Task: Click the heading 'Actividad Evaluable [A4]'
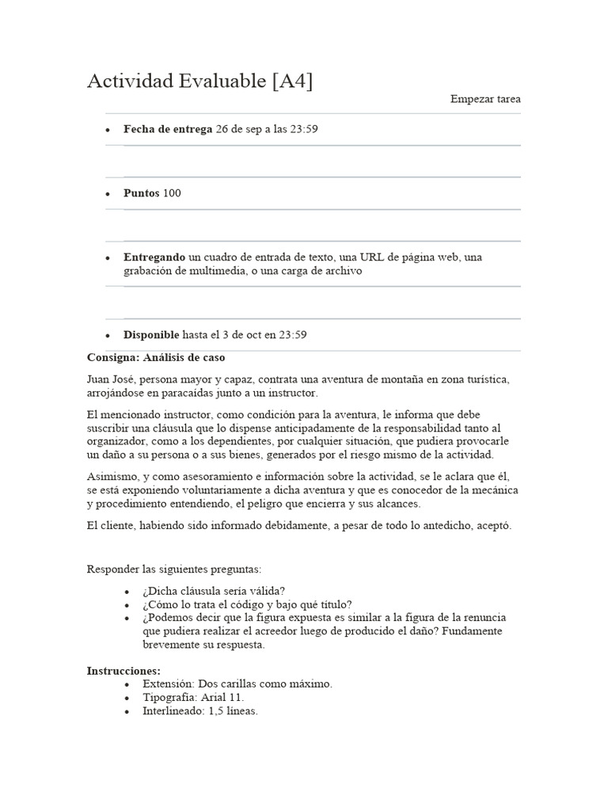point(199,81)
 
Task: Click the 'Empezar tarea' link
point(485,99)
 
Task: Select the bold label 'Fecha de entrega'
point(168,129)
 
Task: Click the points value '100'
point(172,193)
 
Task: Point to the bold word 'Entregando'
point(154,257)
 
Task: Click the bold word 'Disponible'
point(151,335)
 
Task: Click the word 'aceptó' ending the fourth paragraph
point(494,526)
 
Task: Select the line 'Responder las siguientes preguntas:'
point(173,569)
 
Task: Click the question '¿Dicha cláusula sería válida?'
point(214,591)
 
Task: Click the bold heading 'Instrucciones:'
point(123,670)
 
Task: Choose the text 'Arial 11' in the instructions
point(221,697)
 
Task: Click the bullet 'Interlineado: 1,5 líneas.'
point(200,710)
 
